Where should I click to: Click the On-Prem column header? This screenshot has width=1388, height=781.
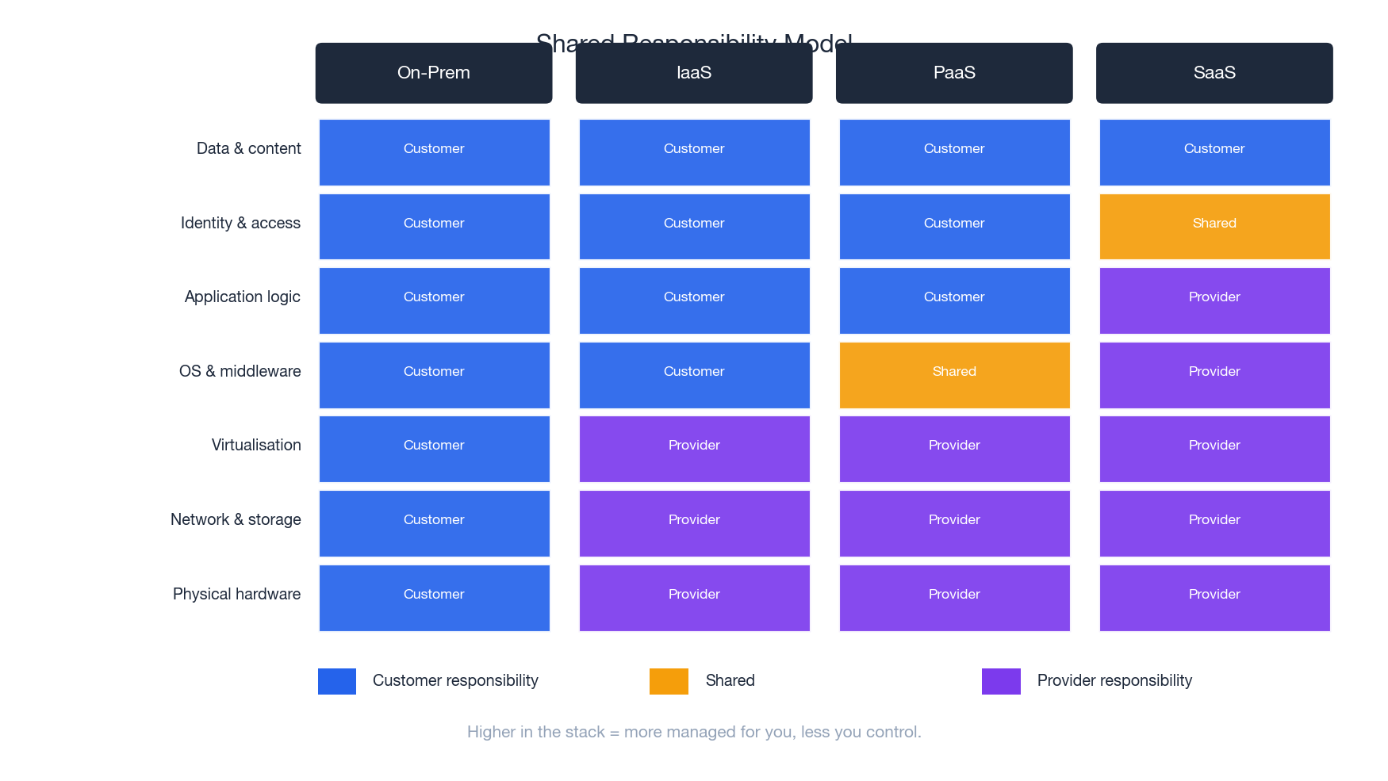click(x=434, y=73)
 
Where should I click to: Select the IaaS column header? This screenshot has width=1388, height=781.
click(x=694, y=73)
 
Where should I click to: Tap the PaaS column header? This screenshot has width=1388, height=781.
click(x=954, y=73)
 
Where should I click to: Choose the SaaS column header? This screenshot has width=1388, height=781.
click(x=1214, y=73)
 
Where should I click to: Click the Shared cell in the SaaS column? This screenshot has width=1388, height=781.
click(x=1214, y=227)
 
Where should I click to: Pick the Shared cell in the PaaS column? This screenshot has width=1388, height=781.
click(x=954, y=375)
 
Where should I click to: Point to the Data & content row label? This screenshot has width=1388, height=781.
click(x=248, y=149)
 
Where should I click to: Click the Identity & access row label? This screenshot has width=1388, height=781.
click(x=240, y=224)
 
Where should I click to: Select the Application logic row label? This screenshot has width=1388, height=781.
click(x=242, y=297)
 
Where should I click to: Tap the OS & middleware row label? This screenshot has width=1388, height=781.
click(x=240, y=372)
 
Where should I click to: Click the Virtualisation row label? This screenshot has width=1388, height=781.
click(x=255, y=446)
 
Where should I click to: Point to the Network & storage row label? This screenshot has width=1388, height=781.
click(x=236, y=520)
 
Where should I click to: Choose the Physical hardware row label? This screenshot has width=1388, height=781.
click(x=236, y=595)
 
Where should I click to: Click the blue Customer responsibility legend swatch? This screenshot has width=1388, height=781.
click(x=337, y=681)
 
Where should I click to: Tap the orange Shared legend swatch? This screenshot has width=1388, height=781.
click(x=669, y=681)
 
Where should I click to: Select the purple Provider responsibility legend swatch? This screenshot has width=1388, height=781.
click(x=1001, y=681)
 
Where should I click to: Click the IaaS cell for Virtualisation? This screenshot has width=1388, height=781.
click(x=694, y=449)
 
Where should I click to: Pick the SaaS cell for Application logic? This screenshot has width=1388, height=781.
click(x=1214, y=301)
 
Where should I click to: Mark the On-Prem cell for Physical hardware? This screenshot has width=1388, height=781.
click(x=434, y=598)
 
